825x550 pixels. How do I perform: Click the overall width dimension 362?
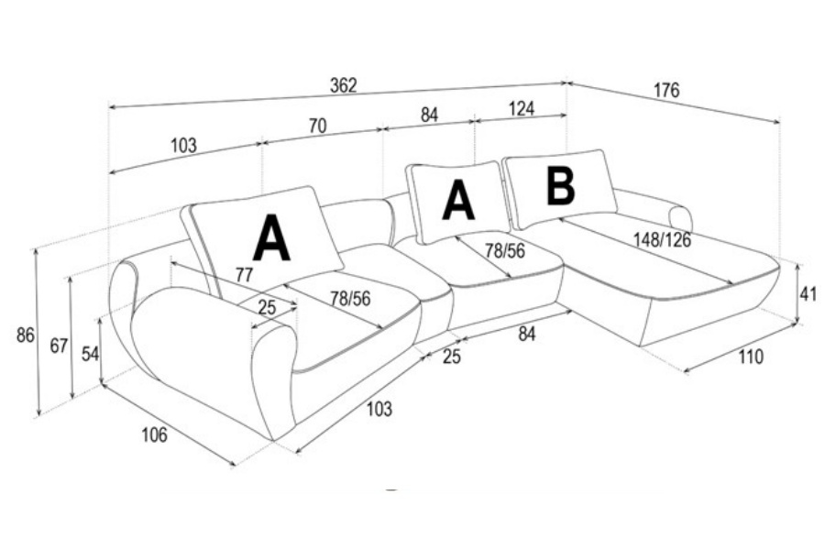(x=343, y=85)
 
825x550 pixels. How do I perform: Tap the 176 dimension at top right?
(x=666, y=90)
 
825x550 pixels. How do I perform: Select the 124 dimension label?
(x=521, y=109)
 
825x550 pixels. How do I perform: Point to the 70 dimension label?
(x=317, y=126)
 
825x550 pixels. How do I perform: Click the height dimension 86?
(x=26, y=335)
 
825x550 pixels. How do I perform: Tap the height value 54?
(x=89, y=354)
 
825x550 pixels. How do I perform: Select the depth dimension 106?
(x=155, y=434)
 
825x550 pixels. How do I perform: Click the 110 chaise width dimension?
(x=751, y=357)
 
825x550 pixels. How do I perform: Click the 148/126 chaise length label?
(x=662, y=240)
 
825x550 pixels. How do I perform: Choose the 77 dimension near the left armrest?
(x=244, y=275)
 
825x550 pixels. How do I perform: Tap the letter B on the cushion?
(x=560, y=186)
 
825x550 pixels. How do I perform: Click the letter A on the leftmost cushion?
(x=272, y=239)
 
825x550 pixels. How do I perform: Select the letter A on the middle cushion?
(x=458, y=201)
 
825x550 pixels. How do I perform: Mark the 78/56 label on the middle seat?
(x=504, y=251)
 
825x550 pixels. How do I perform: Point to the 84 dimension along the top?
(x=429, y=115)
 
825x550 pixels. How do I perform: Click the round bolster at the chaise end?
(x=680, y=217)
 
